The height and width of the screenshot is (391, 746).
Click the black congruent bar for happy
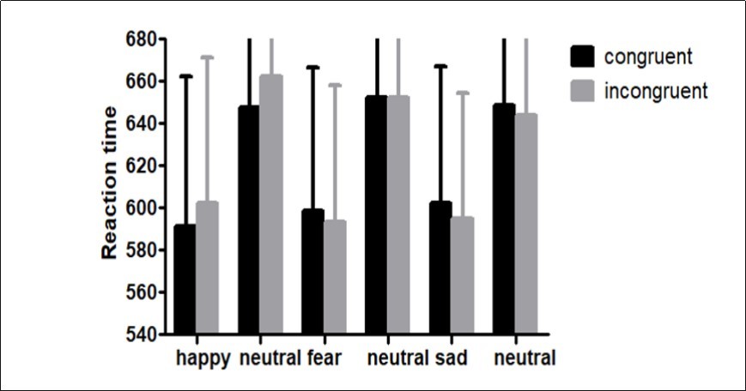coord(185,280)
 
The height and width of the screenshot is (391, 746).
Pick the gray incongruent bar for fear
coord(335,277)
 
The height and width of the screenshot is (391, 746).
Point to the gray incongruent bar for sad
coord(462,276)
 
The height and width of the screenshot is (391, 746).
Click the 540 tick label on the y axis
coord(139,334)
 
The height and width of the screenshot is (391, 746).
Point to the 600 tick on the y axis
coord(139,208)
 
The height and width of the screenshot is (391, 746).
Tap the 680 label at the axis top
coord(139,39)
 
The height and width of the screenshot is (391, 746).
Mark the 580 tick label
coord(139,250)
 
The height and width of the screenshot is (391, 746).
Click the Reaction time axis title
coord(109,183)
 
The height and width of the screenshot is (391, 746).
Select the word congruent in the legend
coord(648,57)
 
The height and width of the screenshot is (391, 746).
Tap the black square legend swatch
coord(583,57)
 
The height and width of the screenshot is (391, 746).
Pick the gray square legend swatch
coord(583,91)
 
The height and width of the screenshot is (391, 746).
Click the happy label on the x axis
coord(203,358)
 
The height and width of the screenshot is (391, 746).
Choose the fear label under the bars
coord(324,358)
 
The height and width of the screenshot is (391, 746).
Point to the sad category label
coord(450,358)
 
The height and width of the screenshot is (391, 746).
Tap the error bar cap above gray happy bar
coord(207,57)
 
